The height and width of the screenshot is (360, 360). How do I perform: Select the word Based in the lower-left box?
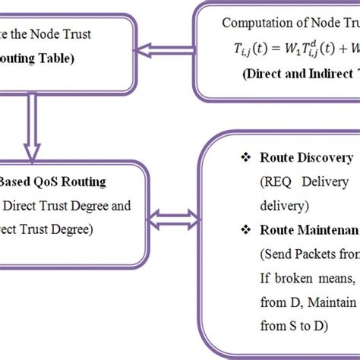(x=15, y=183)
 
